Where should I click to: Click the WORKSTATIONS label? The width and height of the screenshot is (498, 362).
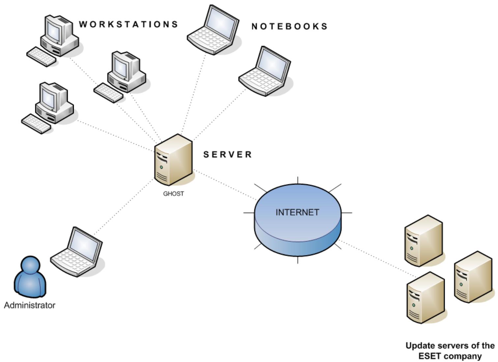[x=128, y=24]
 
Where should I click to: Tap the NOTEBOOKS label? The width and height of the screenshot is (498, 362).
[x=290, y=26]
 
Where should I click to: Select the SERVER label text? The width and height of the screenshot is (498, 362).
[x=228, y=154]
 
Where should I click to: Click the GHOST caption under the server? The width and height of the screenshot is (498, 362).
[x=174, y=194]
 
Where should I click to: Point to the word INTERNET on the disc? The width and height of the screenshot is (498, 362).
[x=297, y=212]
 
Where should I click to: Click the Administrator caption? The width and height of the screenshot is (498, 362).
[x=30, y=305]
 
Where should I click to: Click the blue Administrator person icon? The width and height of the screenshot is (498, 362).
[x=30, y=277]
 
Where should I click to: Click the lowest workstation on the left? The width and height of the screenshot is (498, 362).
[x=49, y=107]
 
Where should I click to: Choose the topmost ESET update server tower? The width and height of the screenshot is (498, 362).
[x=424, y=241]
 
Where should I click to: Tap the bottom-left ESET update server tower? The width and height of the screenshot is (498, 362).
[x=426, y=298]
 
